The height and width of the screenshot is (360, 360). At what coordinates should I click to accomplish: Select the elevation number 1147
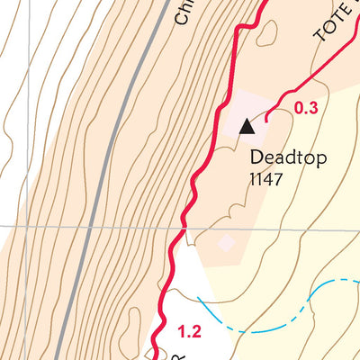tap(267, 178)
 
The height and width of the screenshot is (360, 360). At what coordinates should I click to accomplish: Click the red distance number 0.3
tap(306, 109)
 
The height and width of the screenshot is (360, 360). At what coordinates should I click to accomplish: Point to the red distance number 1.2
tap(189, 332)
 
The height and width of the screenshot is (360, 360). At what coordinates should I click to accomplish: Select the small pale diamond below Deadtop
tap(226, 242)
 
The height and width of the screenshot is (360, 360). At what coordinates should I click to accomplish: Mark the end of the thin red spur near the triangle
tap(266, 116)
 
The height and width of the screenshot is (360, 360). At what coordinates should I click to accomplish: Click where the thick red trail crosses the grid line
tap(183, 229)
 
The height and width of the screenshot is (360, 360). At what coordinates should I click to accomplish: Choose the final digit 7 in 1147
tap(281, 178)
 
